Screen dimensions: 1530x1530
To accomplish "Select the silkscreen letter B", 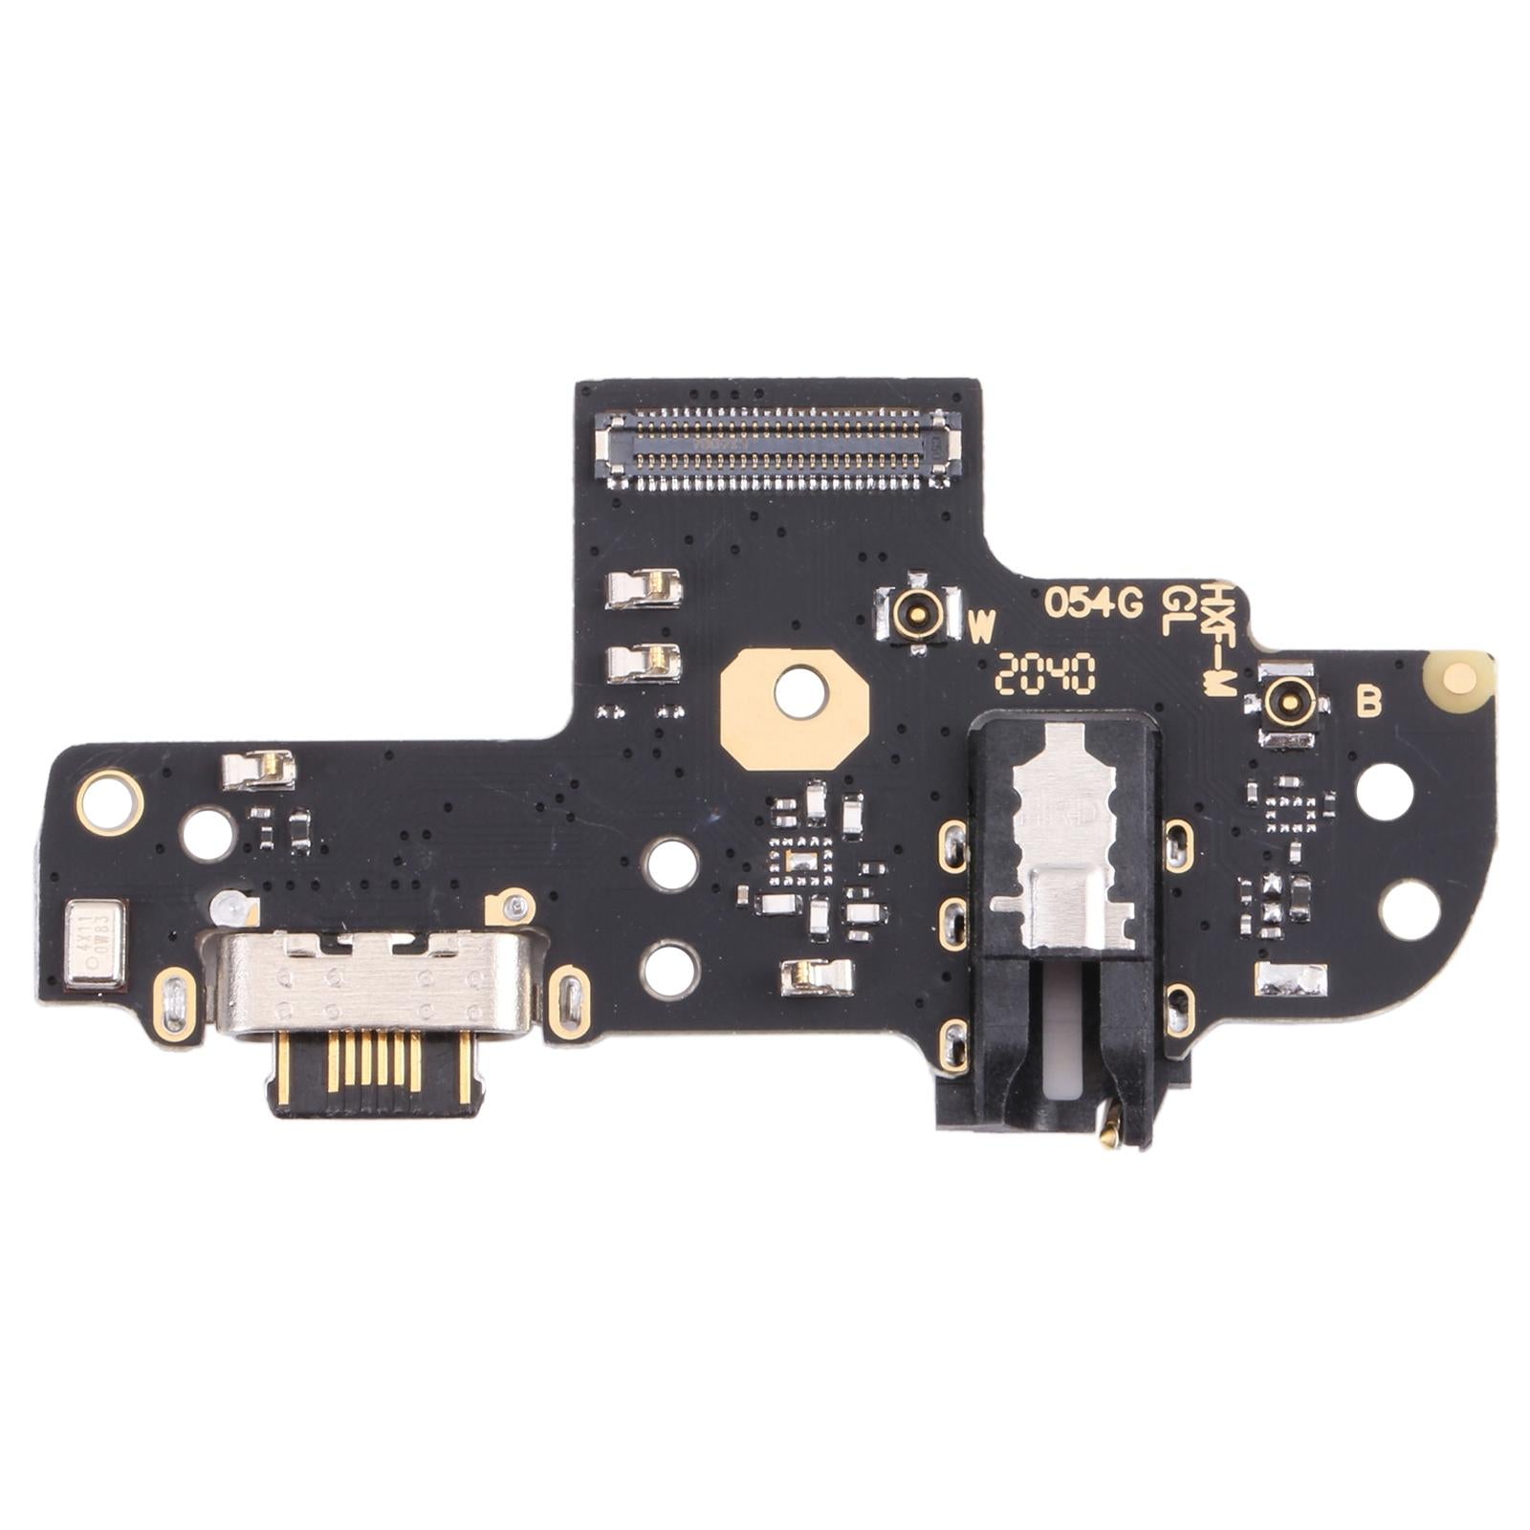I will [x=1369, y=703].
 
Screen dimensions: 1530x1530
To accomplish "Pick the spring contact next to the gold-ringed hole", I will [x=258, y=770].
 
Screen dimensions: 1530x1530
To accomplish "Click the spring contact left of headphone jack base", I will [x=817, y=975].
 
